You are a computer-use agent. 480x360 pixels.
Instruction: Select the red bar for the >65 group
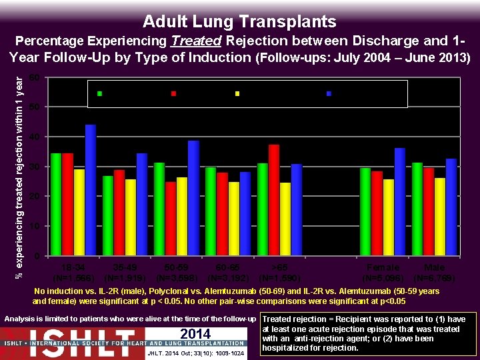click(x=273, y=200)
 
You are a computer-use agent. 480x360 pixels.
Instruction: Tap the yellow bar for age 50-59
click(x=181, y=217)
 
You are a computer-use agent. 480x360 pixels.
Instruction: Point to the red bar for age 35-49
click(x=119, y=213)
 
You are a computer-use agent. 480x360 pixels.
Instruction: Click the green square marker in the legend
click(x=100, y=93)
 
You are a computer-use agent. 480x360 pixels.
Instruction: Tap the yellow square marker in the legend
click(x=237, y=93)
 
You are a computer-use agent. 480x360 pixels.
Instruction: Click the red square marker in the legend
click(x=173, y=93)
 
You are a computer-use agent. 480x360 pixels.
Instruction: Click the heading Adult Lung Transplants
click(x=239, y=21)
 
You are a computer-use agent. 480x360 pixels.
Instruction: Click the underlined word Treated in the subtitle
click(x=191, y=41)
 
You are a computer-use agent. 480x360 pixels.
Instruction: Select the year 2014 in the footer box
click(x=195, y=333)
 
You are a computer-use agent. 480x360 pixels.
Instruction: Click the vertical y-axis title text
click(x=19, y=167)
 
